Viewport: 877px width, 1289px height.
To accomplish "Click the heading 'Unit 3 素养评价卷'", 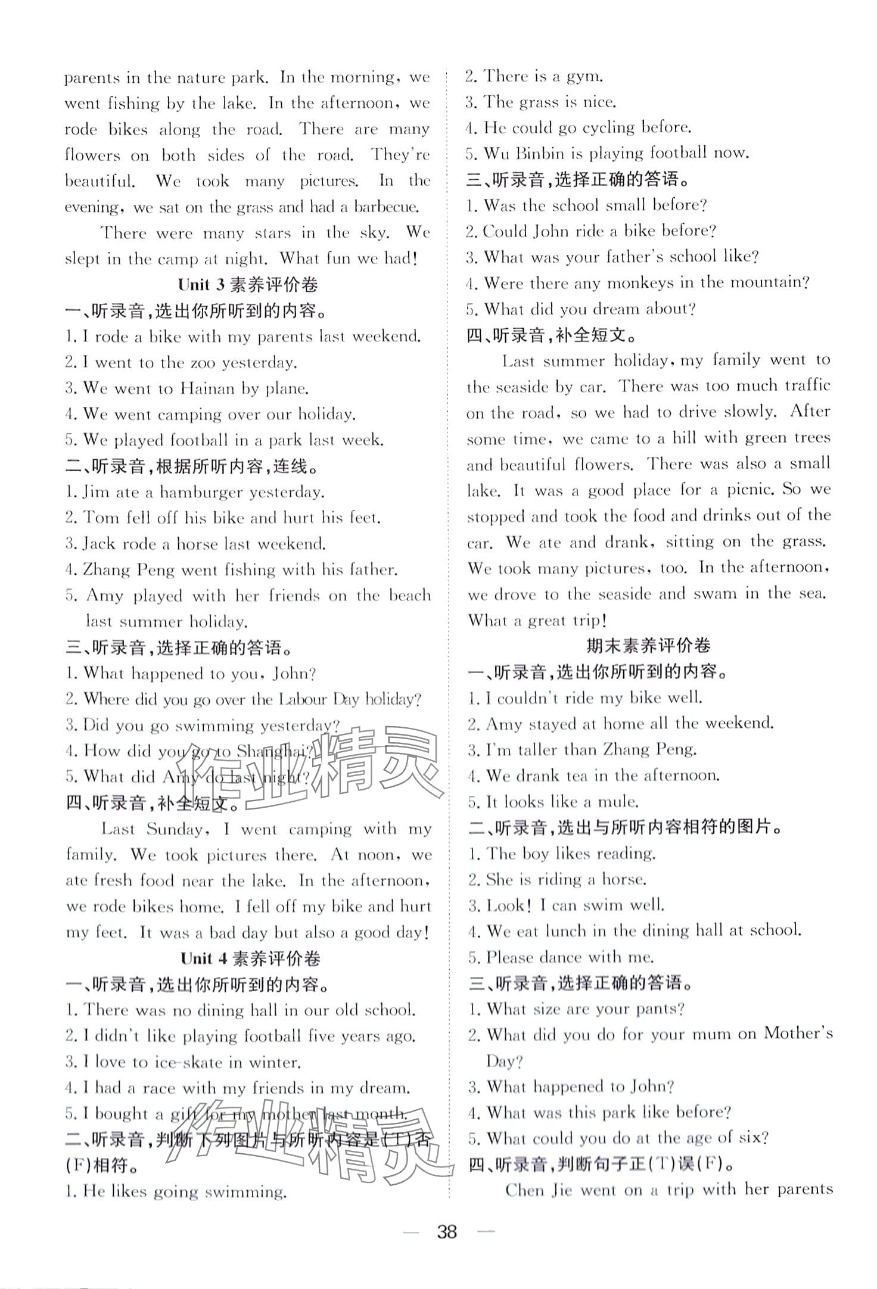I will [248, 285].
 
